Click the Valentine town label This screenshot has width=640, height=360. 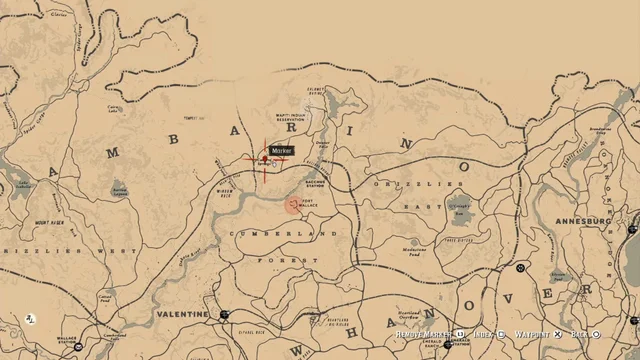coord(181,313)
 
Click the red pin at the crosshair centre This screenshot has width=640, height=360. coord(265,158)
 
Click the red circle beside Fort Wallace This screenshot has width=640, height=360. coord(292,205)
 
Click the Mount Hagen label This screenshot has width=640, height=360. coord(50,223)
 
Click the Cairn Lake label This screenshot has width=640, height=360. coord(115,109)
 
